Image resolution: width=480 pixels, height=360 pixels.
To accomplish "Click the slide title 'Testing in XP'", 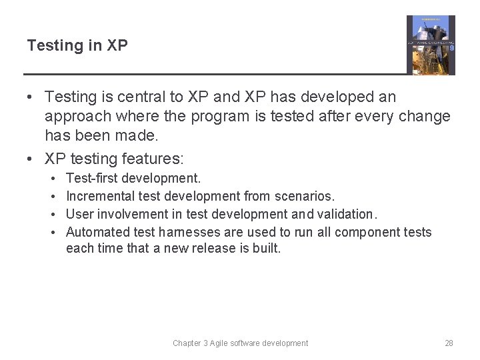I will tap(77, 46).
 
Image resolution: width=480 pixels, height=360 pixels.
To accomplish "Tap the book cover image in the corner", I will tap(431, 45).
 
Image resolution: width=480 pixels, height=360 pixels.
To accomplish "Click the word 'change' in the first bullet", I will tap(423, 117).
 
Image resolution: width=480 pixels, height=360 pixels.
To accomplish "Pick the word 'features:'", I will tap(153, 159).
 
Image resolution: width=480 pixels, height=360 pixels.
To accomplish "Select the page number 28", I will tap(449, 343).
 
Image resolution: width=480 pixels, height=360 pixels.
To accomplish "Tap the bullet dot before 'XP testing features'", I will tap(31, 159).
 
